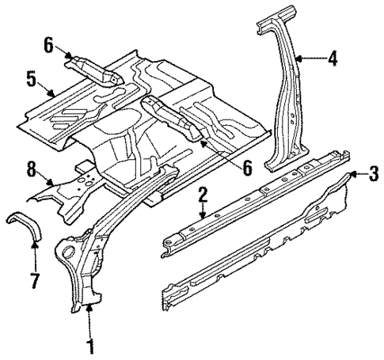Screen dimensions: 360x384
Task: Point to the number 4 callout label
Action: click(x=332, y=58)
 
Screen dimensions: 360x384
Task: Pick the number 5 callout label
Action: click(x=31, y=79)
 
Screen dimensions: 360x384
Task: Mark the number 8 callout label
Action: click(x=31, y=168)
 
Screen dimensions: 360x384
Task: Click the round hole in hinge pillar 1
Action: click(x=69, y=253)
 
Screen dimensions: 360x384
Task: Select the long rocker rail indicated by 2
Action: click(x=253, y=206)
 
